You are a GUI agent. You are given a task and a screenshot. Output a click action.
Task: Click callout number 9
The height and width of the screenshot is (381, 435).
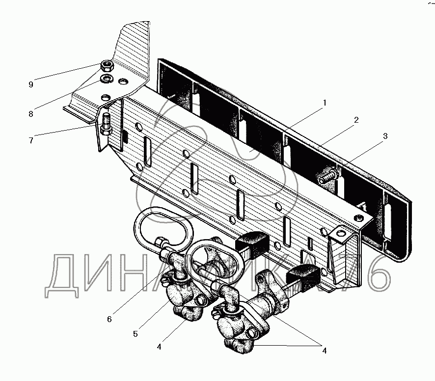click(x=31, y=84)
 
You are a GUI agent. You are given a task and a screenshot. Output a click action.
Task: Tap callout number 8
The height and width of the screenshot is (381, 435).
click(x=31, y=114)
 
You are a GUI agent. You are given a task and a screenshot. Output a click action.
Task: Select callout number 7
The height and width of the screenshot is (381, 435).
click(x=31, y=140)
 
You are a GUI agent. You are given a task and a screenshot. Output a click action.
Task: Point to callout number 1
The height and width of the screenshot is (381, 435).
click(x=325, y=103)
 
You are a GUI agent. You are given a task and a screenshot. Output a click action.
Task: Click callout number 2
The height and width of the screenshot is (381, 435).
click(x=356, y=120)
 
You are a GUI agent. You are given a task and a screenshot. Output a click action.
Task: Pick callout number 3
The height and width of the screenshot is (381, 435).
click(x=385, y=136)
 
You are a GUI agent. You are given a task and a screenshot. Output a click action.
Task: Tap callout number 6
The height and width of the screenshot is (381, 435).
click(x=109, y=319)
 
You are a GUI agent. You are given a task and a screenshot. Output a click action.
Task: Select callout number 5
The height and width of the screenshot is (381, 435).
click(x=136, y=334)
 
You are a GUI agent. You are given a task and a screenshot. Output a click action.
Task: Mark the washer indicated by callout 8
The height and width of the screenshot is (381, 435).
click(x=106, y=79)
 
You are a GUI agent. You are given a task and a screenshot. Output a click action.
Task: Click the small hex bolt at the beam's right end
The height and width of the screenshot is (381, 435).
click(x=360, y=218)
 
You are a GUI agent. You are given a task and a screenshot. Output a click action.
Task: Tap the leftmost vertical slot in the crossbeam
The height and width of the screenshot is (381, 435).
click(x=147, y=152)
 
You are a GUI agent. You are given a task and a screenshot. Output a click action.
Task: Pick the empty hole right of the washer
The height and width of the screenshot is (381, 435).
click(x=123, y=82)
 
